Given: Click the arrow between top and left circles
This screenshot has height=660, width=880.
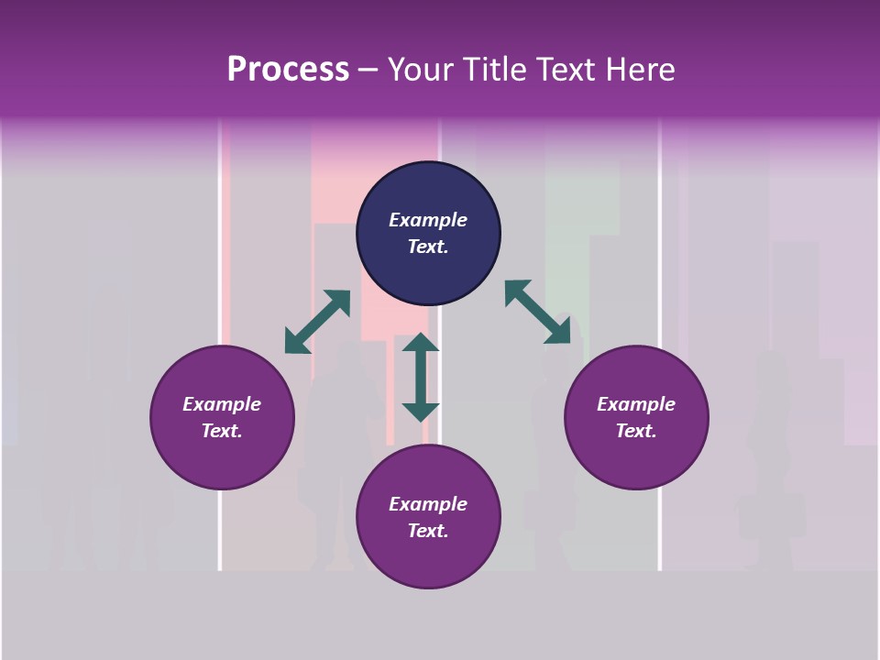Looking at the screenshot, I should click(317, 322).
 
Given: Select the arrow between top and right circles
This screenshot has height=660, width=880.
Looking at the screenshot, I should click(538, 313).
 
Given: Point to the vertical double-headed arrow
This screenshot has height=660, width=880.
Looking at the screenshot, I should click(421, 377).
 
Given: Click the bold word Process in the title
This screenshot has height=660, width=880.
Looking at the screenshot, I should click(288, 69).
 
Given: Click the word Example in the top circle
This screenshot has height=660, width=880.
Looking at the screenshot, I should click(428, 220).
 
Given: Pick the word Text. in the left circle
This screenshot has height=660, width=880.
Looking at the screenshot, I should click(222, 431).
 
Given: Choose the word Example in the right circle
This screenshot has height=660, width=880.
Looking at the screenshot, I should click(636, 404).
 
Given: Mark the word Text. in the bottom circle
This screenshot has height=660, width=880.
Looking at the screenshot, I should click(428, 531).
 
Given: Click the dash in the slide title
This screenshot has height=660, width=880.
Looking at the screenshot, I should click(368, 71).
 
